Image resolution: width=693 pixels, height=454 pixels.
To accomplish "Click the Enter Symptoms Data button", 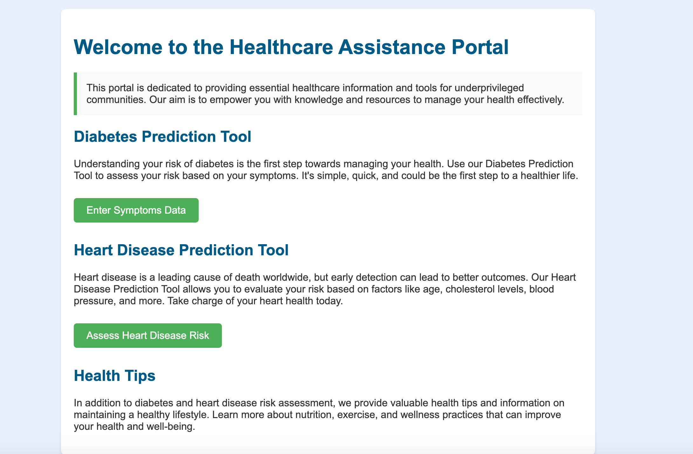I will click(x=136, y=210).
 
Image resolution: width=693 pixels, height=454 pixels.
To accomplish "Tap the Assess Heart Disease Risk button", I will click(x=148, y=335).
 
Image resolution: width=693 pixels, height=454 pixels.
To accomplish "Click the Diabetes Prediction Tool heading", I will click(x=162, y=137).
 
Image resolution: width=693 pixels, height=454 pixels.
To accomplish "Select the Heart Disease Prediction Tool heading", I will click(x=181, y=250).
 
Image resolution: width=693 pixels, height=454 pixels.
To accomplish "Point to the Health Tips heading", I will click(x=114, y=375).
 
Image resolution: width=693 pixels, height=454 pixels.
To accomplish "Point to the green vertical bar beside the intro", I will click(x=75, y=94).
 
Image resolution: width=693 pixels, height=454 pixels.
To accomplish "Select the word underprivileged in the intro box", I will click(x=488, y=87).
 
